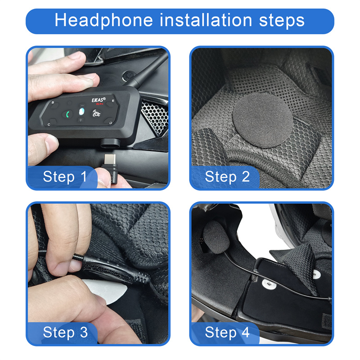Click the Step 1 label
point(65,176)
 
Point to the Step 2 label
point(227,176)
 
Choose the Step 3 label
point(65,332)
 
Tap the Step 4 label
point(227,332)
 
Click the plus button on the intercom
point(81,121)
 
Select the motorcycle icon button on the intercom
point(96,114)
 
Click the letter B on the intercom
point(53,103)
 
